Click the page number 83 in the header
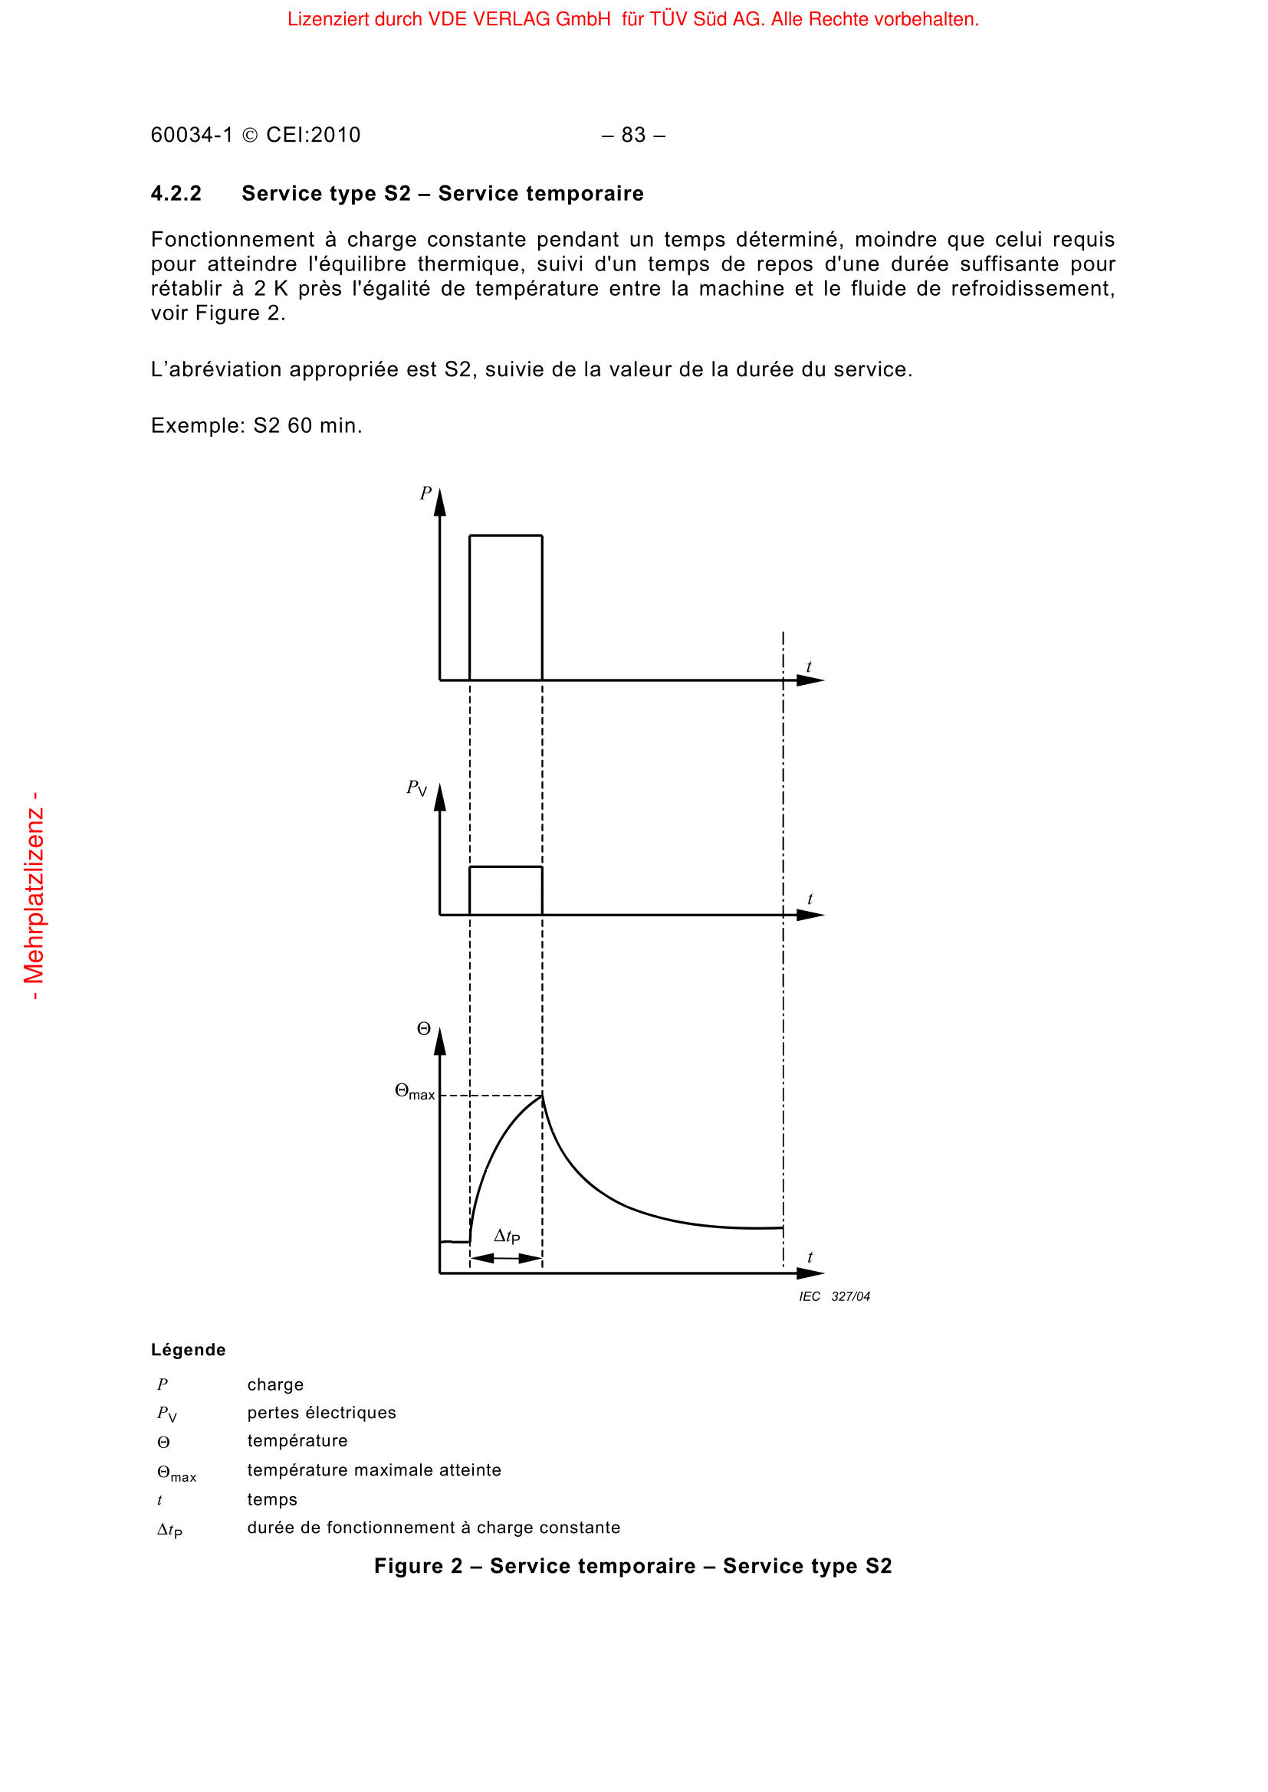633,135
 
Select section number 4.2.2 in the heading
176,194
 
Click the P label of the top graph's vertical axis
425,493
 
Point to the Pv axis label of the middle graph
416,788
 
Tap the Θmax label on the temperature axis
415,1092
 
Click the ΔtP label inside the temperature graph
507,1237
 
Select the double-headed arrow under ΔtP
506,1258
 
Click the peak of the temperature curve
542,1096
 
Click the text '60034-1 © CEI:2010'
255,135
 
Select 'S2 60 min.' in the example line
307,426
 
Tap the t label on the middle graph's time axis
810,899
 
